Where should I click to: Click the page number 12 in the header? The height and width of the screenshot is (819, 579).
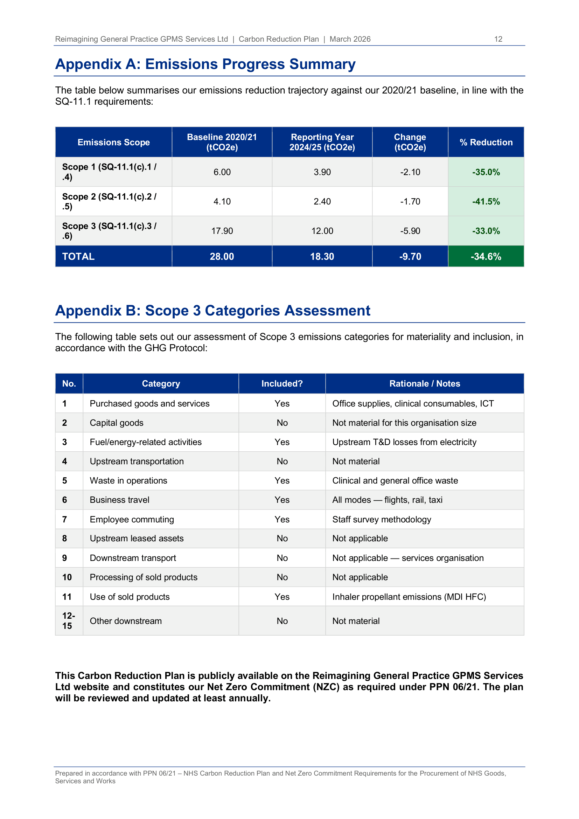click(x=498, y=39)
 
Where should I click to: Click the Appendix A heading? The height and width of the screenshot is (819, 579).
click(x=205, y=64)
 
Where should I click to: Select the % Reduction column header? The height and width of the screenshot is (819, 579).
click(x=486, y=142)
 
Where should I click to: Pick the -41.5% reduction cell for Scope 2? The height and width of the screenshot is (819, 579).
click(x=486, y=202)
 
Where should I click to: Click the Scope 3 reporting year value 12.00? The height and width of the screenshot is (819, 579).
click(x=322, y=231)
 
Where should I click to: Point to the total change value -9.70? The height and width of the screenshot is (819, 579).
click(x=410, y=256)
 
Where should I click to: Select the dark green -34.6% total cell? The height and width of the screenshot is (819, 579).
click(x=486, y=256)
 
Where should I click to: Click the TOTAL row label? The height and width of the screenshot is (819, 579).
click(x=78, y=256)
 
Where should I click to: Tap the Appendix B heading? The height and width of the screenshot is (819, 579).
click(x=212, y=311)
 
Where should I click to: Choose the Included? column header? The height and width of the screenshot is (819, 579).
click(x=282, y=383)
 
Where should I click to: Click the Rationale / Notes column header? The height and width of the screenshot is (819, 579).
click(x=425, y=383)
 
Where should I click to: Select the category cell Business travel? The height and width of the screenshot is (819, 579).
click(x=119, y=500)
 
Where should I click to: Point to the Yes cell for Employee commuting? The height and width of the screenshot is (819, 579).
click(x=282, y=519)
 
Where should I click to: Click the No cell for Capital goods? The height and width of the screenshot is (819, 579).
click(x=282, y=423)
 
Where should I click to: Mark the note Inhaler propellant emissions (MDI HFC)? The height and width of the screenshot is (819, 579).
click(x=409, y=597)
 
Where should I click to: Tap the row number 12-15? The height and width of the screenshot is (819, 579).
click(x=69, y=621)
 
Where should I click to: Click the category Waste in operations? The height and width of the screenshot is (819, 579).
click(x=128, y=480)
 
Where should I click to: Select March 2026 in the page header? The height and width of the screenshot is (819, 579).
click(x=350, y=39)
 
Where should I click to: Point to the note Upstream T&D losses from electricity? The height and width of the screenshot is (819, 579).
click(x=404, y=442)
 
